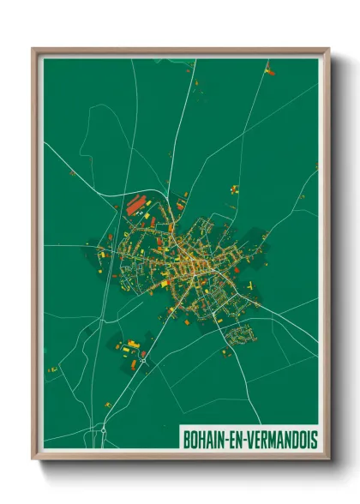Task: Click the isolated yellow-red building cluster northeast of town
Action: [x=233, y=189]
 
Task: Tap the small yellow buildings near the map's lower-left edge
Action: [x=53, y=369]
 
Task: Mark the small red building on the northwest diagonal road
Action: [x=73, y=172]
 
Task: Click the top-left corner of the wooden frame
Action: [x=33, y=50]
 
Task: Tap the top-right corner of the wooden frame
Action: [x=328, y=50]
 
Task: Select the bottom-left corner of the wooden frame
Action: [x=33, y=459]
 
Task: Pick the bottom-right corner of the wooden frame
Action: [x=328, y=459]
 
